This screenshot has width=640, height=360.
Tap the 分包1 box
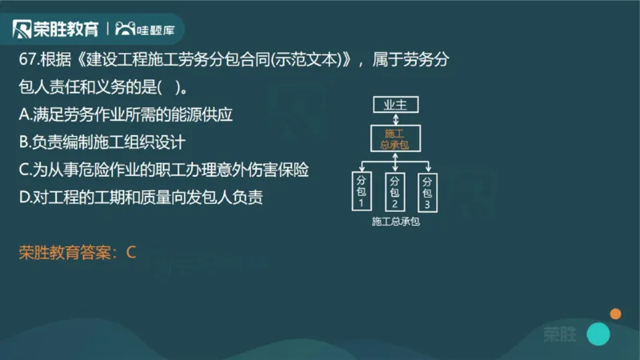coord(362,192)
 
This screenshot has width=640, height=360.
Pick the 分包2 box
coord(394,192)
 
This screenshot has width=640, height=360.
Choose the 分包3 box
coord(428,192)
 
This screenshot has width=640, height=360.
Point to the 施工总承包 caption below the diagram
coord(396,222)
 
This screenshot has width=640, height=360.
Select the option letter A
coord(23,115)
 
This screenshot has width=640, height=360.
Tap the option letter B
coord(23,142)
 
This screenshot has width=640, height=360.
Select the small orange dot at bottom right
coord(615,313)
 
